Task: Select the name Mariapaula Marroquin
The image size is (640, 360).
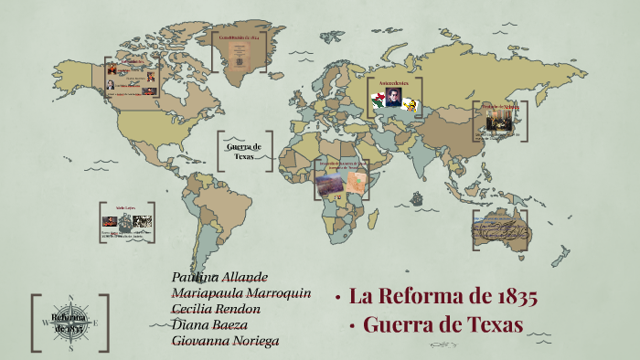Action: [241, 293]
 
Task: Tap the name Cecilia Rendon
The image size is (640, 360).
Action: [216, 309]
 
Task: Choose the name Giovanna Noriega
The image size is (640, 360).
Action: [225, 341]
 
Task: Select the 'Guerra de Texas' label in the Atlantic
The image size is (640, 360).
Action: [244, 152]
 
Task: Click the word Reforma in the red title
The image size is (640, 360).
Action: [418, 297]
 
